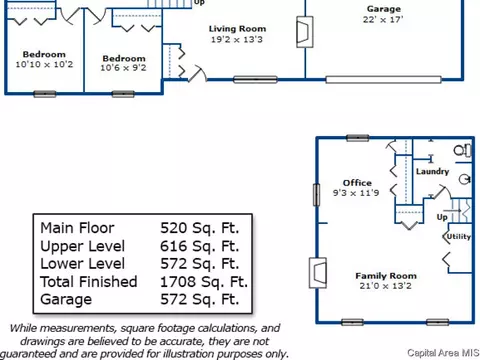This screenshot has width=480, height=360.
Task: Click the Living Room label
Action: click(x=237, y=29)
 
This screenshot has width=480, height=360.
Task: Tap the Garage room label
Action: click(x=384, y=9)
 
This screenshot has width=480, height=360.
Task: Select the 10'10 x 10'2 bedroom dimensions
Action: click(x=44, y=64)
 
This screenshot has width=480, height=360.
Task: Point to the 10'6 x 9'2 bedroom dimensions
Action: click(x=123, y=68)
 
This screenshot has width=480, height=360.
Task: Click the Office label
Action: click(x=357, y=183)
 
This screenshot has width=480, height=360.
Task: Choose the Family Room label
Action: click(x=386, y=276)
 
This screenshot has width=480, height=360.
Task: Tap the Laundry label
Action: click(x=432, y=171)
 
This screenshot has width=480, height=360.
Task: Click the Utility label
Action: click(x=459, y=236)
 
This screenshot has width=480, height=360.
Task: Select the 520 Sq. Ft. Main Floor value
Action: click(x=200, y=228)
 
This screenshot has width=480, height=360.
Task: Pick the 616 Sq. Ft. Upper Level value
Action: click(x=200, y=246)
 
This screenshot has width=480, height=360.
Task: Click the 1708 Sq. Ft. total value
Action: click(x=204, y=282)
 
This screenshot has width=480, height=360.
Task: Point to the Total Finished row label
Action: click(x=89, y=282)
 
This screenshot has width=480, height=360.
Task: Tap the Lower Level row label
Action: click(x=83, y=264)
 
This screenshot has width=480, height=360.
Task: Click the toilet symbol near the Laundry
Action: click(x=463, y=150)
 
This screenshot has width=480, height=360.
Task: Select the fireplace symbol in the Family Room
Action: click(x=318, y=273)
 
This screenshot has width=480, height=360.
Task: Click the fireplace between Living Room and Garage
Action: click(x=305, y=32)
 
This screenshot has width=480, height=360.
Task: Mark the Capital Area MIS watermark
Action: click(x=443, y=353)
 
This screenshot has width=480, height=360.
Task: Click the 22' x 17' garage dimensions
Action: click(x=383, y=20)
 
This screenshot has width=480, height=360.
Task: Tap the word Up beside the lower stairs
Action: click(x=442, y=217)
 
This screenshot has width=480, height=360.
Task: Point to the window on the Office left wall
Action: click(x=316, y=195)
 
